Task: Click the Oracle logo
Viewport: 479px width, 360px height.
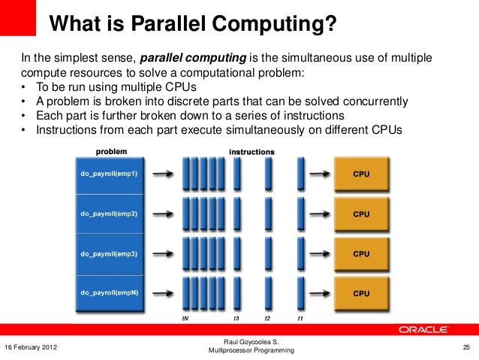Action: [x=423, y=328]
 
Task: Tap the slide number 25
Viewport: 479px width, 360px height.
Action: [x=465, y=347]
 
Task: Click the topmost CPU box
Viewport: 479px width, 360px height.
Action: [x=360, y=174]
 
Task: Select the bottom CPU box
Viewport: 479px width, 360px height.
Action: [x=360, y=292]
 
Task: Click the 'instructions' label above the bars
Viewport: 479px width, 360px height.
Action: [x=252, y=151]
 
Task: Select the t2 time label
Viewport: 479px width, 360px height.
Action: [x=267, y=318]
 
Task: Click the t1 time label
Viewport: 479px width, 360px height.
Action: [x=300, y=318]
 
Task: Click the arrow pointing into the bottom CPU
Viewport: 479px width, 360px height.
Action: [x=318, y=293]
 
